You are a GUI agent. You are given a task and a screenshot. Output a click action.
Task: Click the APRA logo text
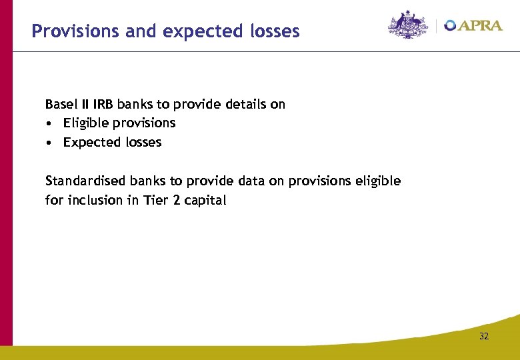click(x=481, y=25)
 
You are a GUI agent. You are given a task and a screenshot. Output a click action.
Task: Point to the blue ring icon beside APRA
click(x=451, y=25)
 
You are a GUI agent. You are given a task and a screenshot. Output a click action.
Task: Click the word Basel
click(x=60, y=104)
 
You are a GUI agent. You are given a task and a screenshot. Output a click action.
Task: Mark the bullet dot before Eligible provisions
click(x=49, y=123)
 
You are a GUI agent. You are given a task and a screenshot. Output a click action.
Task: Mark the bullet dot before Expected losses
click(x=49, y=143)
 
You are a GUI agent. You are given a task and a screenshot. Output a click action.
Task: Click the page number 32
click(x=483, y=337)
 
